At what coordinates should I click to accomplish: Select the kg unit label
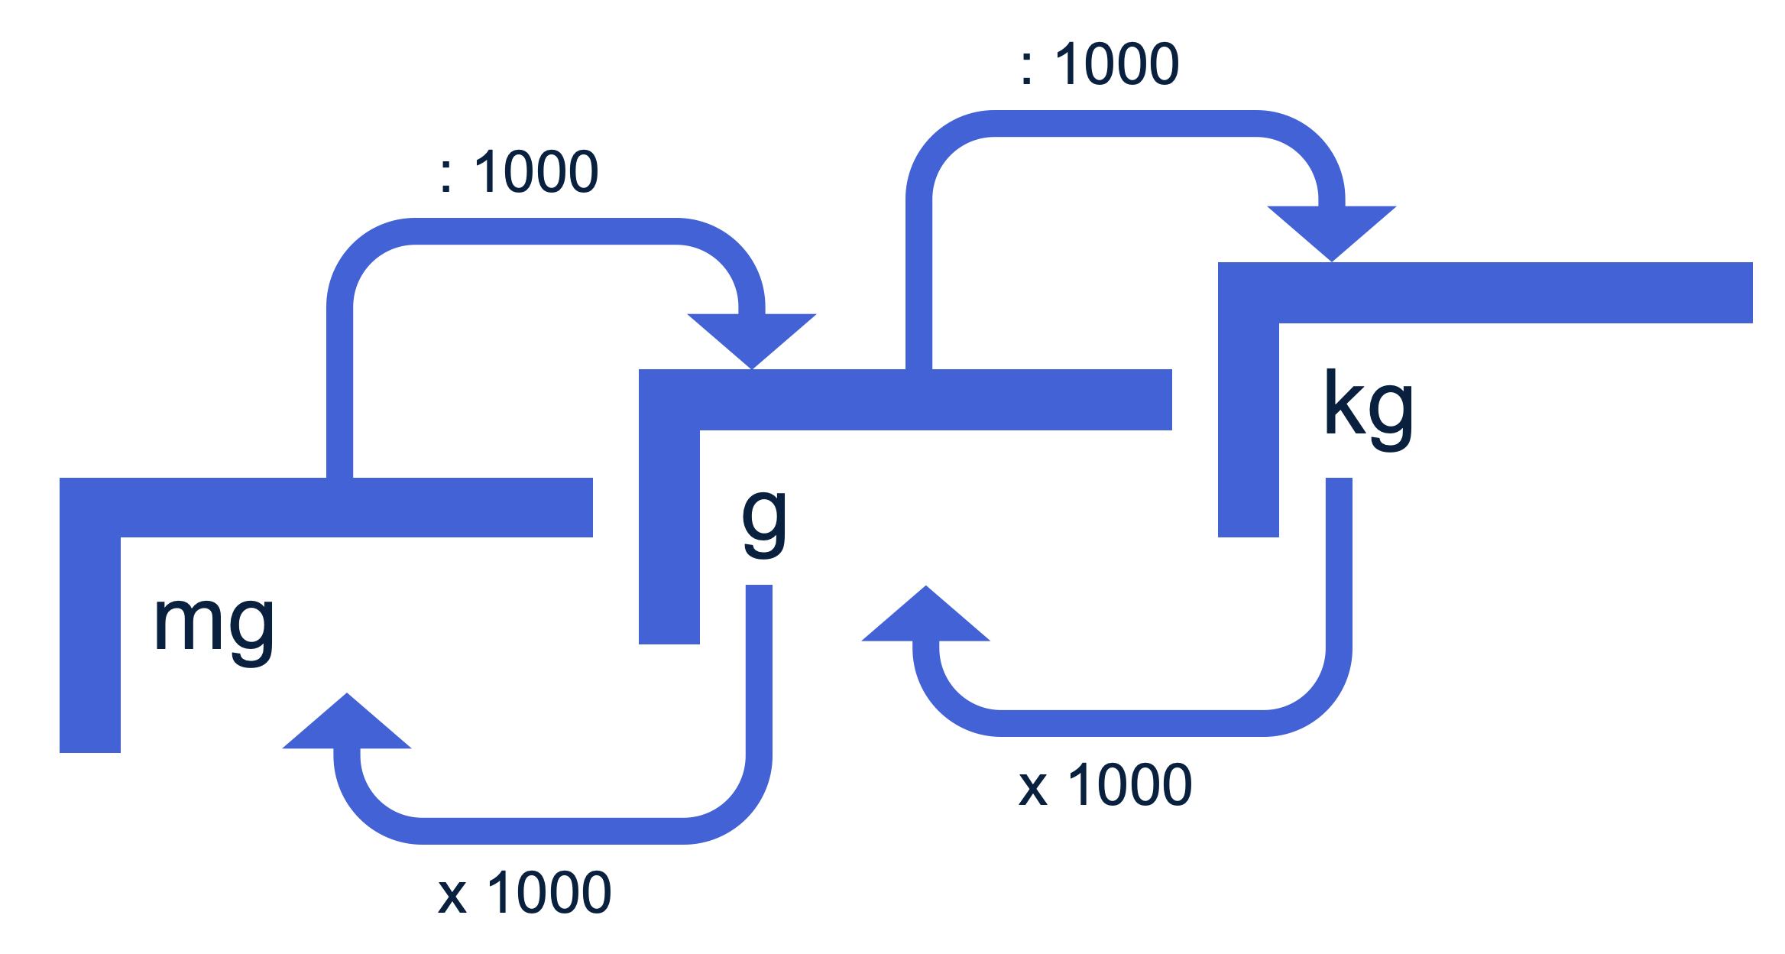pyautogui.click(x=1368, y=409)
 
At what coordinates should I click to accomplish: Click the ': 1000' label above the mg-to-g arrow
pyautogui.click(x=520, y=172)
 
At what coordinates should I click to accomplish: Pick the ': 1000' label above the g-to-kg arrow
pyautogui.click(x=1100, y=64)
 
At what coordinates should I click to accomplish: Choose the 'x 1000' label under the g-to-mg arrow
pyautogui.click(x=525, y=893)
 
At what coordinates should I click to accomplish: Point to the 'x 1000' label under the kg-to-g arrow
pyautogui.click(x=1106, y=785)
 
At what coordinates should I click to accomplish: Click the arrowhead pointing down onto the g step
pyautogui.click(x=752, y=337)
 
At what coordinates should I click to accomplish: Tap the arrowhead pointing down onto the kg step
pyautogui.click(x=1332, y=229)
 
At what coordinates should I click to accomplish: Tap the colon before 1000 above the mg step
pyautogui.click(x=446, y=175)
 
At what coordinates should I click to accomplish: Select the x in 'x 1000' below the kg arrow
pyautogui.click(x=1032, y=788)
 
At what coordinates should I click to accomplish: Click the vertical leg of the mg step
pyautogui.click(x=90, y=642)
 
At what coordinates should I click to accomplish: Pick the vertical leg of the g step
pyautogui.click(x=669, y=535)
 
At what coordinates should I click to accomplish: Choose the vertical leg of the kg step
pyautogui.click(x=1249, y=428)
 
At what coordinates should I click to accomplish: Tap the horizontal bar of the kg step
pyautogui.click(x=1513, y=293)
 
